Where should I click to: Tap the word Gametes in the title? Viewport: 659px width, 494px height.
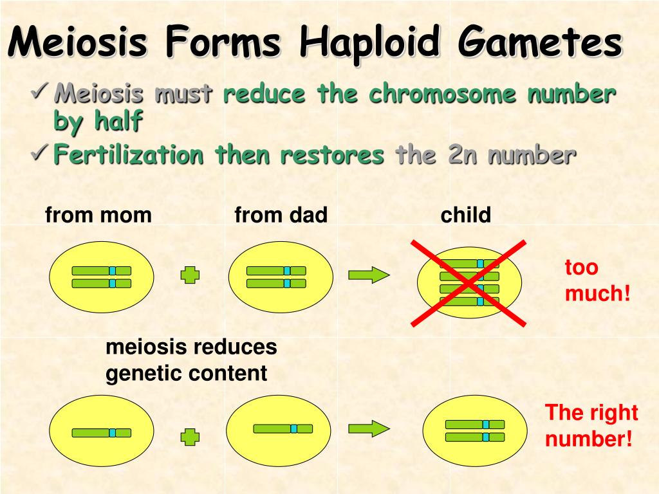540,41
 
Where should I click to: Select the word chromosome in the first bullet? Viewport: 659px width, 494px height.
442,93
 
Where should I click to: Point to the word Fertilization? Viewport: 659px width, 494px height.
129,154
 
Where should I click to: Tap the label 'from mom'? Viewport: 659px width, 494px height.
98,215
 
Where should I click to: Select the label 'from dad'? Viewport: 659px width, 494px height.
281,215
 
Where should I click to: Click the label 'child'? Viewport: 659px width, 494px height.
466,215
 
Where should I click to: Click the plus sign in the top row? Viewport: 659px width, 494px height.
190,275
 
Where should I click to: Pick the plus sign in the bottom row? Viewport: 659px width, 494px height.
190,437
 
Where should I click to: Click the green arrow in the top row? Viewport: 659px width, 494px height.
369,275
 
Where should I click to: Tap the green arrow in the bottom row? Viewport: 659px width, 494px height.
369,429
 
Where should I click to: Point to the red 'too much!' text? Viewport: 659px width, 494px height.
597,280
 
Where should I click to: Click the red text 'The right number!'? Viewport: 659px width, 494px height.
591,426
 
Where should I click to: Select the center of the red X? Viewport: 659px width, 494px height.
469,283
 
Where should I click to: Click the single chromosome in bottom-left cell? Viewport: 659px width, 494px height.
101,433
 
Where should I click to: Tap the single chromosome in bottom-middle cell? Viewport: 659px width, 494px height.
283,428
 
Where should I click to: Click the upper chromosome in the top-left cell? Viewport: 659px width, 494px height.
101,271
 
